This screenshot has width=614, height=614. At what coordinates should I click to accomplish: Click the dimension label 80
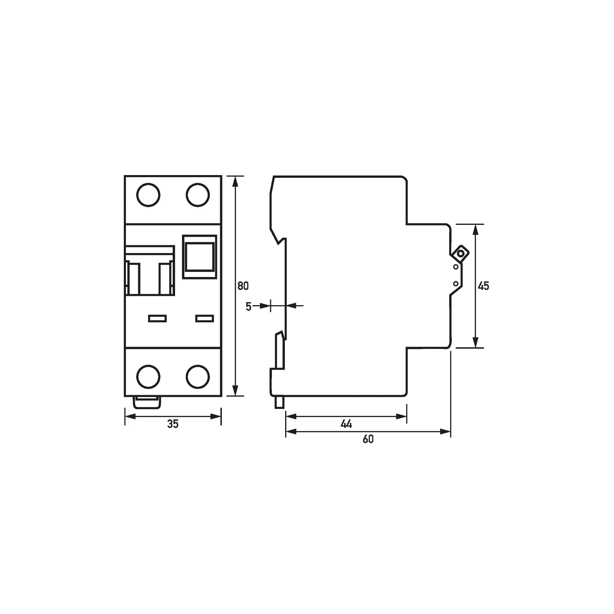[x=243, y=286]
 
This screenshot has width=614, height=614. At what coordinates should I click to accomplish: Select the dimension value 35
[x=173, y=424]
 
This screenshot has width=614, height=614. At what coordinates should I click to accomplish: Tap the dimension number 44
[x=346, y=424]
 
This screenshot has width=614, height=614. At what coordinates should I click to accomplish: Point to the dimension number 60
[x=368, y=439]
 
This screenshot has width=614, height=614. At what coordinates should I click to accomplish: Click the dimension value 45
[x=483, y=286]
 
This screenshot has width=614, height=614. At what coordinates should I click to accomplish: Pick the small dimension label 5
[x=249, y=307]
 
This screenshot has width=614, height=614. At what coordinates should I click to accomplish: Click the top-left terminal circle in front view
[x=148, y=195]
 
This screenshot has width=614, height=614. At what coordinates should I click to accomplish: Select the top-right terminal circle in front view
[x=198, y=195]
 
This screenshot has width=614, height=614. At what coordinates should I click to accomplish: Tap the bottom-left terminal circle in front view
[x=148, y=377]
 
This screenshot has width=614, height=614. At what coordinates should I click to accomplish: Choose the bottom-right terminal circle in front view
[x=198, y=377]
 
